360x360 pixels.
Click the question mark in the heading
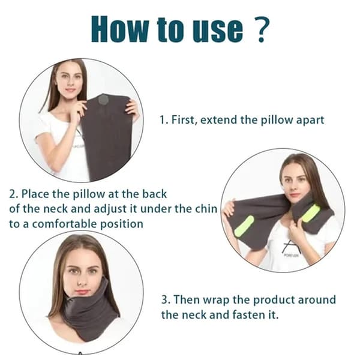coord(262,29)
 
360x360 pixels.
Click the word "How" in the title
coord(120,29)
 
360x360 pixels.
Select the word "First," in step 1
coord(184,120)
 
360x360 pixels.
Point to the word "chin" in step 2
coord(208,209)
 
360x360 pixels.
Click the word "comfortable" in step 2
coord(65,224)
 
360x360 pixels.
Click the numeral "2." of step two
coord(14,194)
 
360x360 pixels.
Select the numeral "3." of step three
coord(166,300)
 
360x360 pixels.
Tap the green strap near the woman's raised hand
coord(244,226)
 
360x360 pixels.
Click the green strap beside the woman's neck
coord(311,214)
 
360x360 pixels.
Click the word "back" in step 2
coord(155,194)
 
